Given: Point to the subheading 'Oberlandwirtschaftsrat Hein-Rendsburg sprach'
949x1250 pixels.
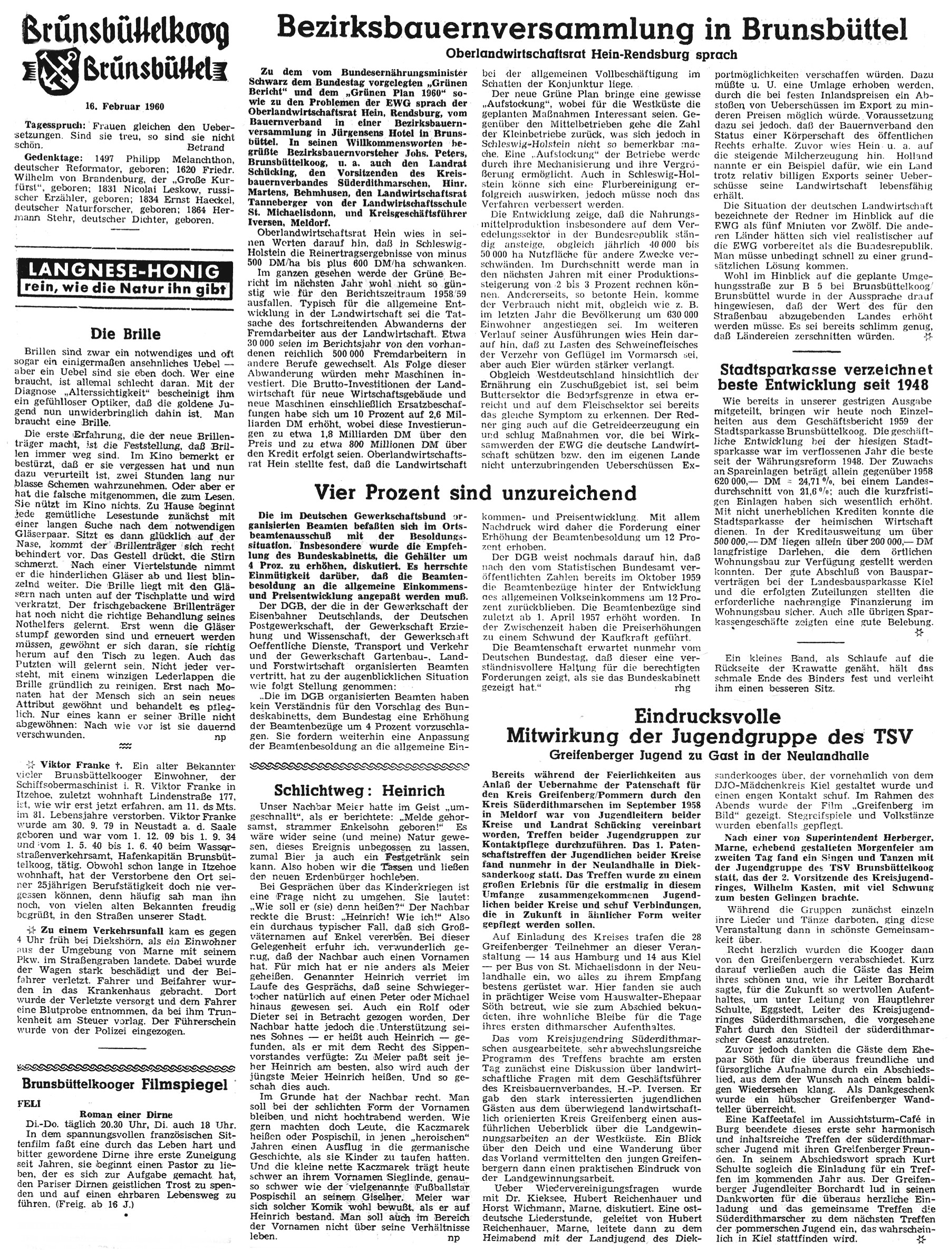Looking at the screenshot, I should (x=592, y=55).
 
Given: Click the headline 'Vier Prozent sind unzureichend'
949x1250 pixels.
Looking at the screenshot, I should (x=475, y=492).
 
